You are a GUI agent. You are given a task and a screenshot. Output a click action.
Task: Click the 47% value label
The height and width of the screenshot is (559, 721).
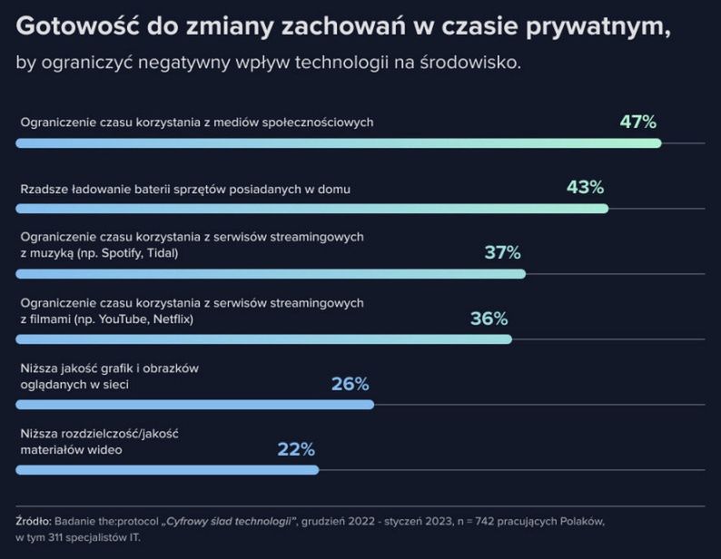click(637, 122)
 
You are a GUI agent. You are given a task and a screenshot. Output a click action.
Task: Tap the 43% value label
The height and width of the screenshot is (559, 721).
click(585, 187)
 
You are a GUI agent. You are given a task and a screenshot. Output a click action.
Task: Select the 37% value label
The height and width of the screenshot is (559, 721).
click(502, 252)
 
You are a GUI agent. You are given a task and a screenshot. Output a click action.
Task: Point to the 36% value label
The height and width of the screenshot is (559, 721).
click(489, 319)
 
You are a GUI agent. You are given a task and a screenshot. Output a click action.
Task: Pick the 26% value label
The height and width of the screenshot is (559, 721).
click(350, 384)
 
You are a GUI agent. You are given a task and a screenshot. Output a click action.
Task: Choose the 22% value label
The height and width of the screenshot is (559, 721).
click(296, 449)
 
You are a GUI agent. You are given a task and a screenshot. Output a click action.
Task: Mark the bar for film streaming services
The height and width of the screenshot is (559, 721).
click(263, 339)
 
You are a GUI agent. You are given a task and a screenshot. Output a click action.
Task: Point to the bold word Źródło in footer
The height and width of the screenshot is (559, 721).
click(33, 522)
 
